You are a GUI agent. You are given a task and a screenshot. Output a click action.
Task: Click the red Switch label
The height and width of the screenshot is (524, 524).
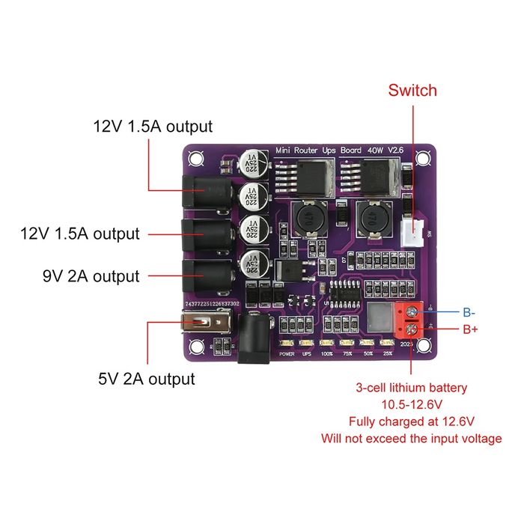(x=412, y=91)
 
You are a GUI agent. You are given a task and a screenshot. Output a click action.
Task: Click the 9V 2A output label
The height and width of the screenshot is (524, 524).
(x=91, y=276)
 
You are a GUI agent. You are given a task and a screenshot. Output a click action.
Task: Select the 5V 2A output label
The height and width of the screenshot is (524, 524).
(x=147, y=379)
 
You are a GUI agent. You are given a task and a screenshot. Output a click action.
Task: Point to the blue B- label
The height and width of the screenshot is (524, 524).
(x=470, y=311)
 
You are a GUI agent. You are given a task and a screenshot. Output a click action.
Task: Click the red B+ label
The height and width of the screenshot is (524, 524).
(x=470, y=329)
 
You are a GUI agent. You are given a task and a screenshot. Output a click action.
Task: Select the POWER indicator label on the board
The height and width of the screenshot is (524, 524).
(x=287, y=353)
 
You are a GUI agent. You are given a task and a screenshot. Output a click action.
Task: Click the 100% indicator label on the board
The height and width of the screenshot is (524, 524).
(x=327, y=353)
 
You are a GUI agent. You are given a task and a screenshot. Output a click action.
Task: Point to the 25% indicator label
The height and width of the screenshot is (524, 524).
(x=387, y=353)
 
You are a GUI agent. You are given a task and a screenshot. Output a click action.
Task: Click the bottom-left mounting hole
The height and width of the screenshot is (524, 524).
(x=197, y=347)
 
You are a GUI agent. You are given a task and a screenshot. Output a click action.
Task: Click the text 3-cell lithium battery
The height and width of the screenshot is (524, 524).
(x=412, y=388)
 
